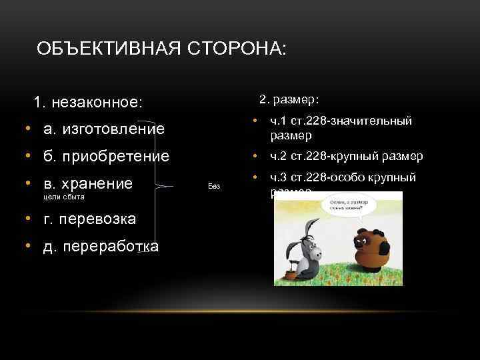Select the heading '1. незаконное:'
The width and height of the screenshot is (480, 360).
click(x=88, y=103)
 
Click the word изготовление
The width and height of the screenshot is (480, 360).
click(x=113, y=129)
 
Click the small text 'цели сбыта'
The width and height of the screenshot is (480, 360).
click(x=63, y=198)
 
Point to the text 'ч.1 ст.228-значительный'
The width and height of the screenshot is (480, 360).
click(x=341, y=121)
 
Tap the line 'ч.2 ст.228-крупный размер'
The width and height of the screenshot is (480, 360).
click(x=346, y=156)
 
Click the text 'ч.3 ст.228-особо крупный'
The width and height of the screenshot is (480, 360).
click(x=343, y=177)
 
